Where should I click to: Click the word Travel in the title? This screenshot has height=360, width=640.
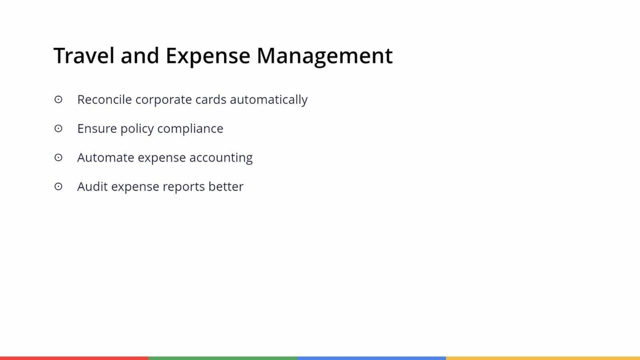pos(84,56)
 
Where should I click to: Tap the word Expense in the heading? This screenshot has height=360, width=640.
pos(208,57)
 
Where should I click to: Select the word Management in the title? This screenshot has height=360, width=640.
pos(324,57)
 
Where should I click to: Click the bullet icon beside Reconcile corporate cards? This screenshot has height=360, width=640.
pos(58,100)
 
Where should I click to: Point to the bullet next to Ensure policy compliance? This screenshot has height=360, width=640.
pos(58,128)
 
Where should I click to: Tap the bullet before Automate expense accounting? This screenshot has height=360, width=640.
pos(58,158)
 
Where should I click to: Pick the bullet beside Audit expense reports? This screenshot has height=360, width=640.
pos(58,186)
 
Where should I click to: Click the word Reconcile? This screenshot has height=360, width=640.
pos(104,100)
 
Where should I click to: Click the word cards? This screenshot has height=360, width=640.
pos(211,100)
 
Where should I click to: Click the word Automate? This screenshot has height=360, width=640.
pos(106,158)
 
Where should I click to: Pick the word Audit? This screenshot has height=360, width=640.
pos(92,186)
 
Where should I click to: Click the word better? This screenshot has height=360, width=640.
pos(226,186)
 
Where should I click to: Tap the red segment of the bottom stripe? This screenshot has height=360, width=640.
pos(74,358)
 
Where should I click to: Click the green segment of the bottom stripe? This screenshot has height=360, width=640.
pos(223,358)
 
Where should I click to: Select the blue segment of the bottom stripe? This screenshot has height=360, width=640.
pos(372,358)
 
